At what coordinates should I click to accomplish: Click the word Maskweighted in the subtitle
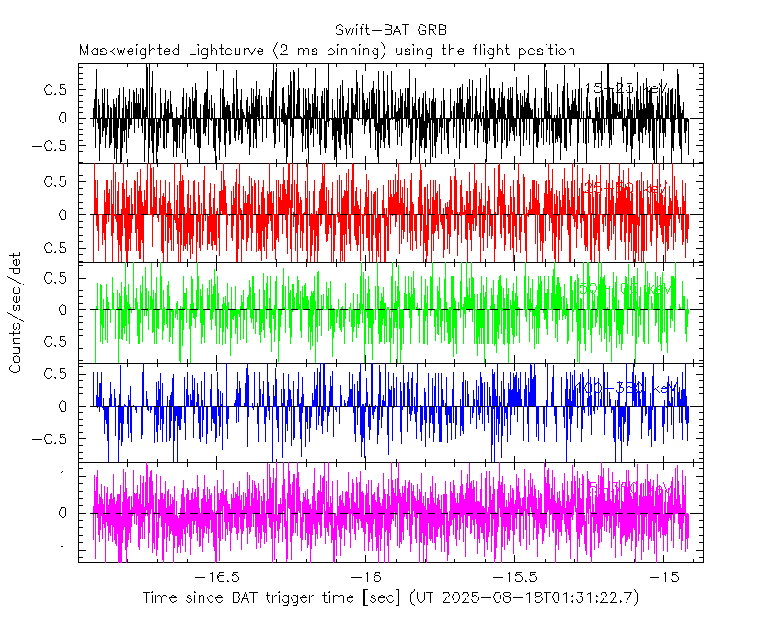(x=124, y=51)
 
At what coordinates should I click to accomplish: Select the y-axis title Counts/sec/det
(x=16, y=313)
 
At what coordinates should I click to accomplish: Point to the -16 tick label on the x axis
(x=366, y=576)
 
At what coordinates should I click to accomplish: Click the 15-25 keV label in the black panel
(x=627, y=88)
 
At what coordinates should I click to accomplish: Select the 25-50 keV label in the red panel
(x=627, y=188)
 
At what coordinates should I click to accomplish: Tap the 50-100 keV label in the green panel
(x=625, y=288)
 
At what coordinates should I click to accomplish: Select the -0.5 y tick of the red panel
(x=52, y=248)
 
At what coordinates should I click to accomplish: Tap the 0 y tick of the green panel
(x=62, y=310)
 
